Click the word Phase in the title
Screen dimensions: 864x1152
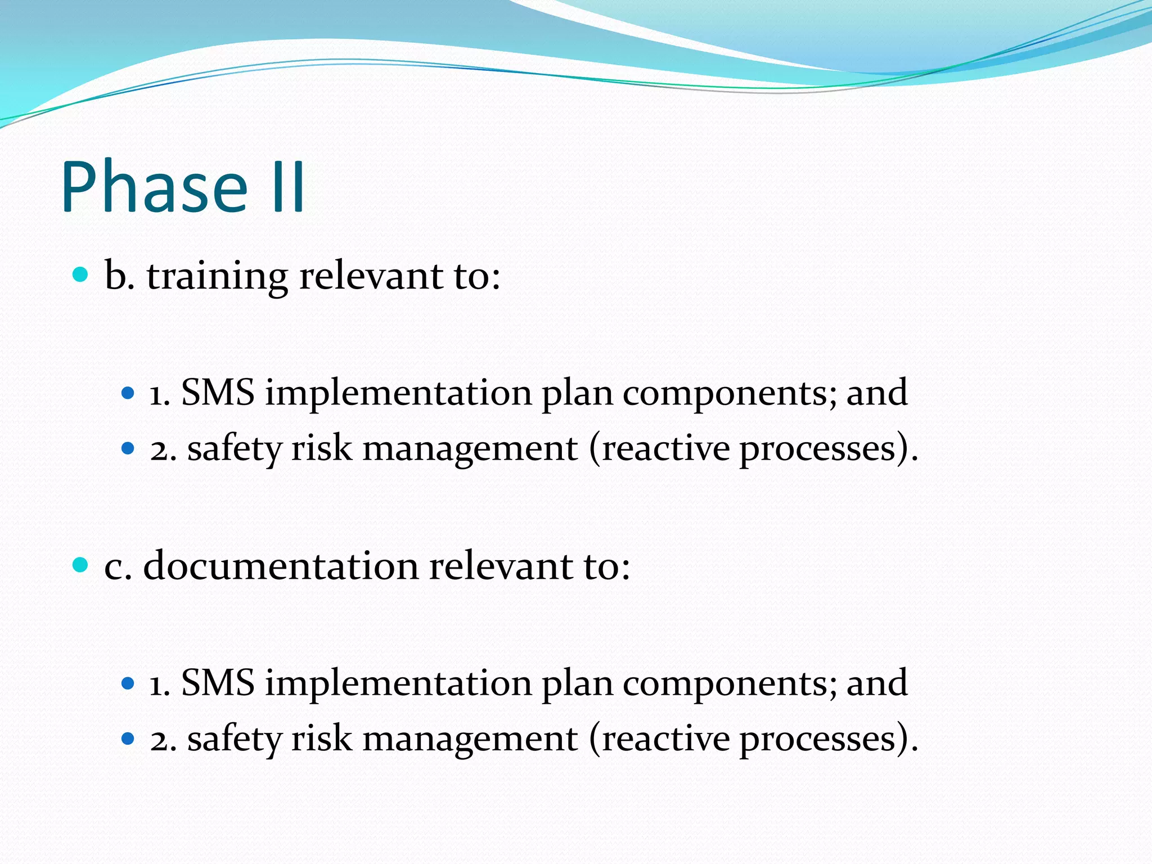tap(155, 187)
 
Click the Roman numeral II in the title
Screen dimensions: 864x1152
tap(287, 187)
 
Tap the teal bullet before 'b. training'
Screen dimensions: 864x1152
tap(81, 274)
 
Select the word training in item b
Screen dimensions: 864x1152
tap(218, 277)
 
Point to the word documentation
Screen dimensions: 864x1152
tap(281, 566)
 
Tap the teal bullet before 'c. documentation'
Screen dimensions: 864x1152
tap(81, 564)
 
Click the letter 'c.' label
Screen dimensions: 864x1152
tap(118, 567)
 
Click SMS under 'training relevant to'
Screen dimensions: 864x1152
tap(218, 392)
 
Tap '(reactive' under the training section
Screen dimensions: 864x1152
tap(659, 449)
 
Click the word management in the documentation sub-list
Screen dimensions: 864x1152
tap(470, 739)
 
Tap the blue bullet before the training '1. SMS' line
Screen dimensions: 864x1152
tap(128, 393)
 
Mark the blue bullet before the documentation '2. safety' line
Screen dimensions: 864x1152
tap(128, 738)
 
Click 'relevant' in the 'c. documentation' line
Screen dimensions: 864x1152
tap(501, 566)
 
